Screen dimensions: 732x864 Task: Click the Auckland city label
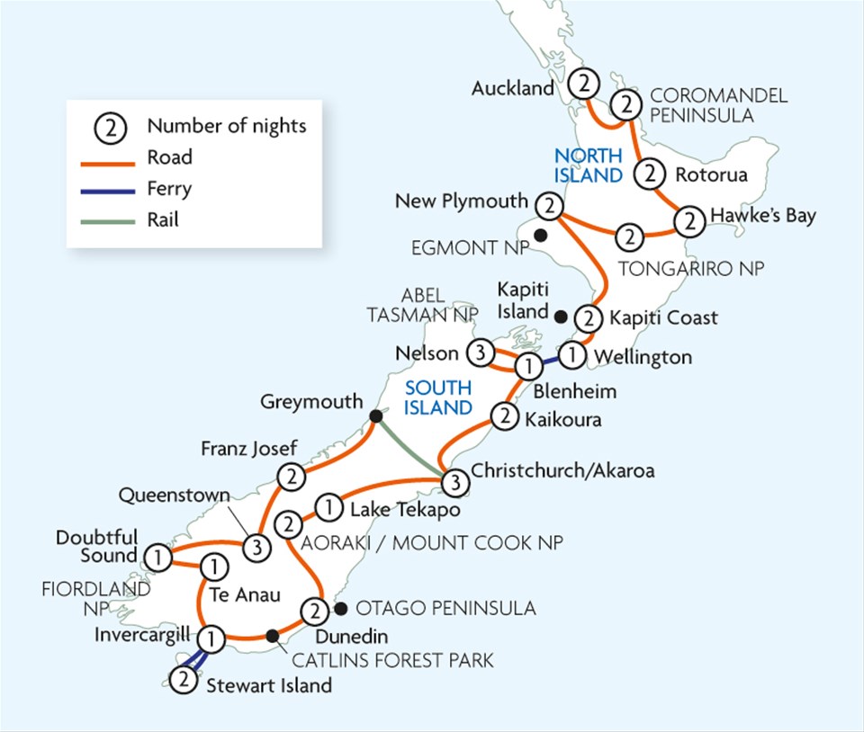coord(512,88)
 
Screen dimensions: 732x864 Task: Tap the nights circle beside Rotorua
coord(651,174)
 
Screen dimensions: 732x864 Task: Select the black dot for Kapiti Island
coord(561,316)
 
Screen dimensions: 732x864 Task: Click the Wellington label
coord(643,357)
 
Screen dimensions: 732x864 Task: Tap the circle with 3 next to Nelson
coord(480,353)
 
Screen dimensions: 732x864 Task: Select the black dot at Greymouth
coord(374,416)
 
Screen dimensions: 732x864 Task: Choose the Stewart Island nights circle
coord(183,680)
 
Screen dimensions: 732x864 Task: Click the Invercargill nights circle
coord(211,639)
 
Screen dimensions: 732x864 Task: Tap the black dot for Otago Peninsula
coord(339,609)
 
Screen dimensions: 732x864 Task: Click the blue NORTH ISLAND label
coord(589,165)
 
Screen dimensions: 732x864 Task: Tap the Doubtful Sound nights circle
coord(157,558)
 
